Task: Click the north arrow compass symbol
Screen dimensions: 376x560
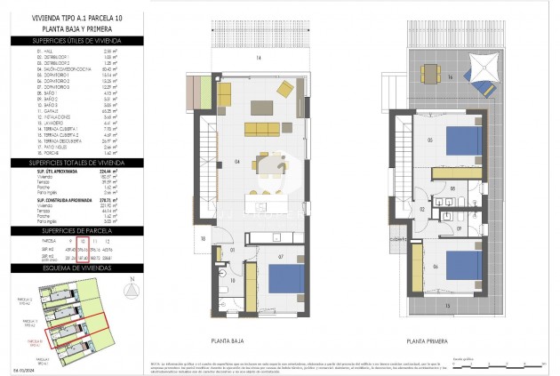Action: click(x=131, y=292)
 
